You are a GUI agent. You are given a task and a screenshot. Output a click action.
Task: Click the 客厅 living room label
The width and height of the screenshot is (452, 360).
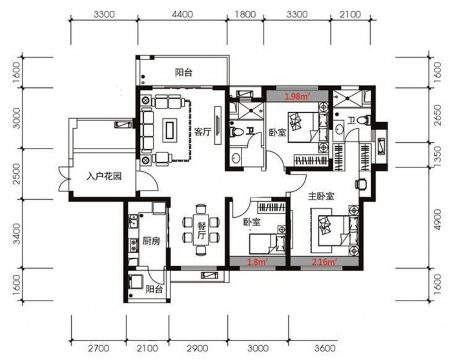point(203,132)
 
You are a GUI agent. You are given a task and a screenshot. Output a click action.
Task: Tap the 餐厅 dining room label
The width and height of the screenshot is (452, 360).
point(201,231)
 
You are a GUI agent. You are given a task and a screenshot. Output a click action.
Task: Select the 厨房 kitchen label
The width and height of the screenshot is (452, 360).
point(152,241)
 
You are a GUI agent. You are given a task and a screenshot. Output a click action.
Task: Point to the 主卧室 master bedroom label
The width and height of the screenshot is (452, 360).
point(321,196)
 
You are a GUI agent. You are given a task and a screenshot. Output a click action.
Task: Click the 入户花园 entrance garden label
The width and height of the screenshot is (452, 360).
point(104,176)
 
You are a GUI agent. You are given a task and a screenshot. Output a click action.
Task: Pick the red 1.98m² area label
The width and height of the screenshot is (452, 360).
point(297,96)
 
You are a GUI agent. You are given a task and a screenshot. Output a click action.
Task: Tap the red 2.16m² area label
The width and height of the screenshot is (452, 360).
point(325,262)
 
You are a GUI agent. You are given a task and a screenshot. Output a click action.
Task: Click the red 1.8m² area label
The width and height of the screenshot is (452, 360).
point(256,262)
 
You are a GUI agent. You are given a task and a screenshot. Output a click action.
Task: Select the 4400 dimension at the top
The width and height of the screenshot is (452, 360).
point(183,14)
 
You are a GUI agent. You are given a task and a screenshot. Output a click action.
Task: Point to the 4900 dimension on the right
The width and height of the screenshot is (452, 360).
point(437,220)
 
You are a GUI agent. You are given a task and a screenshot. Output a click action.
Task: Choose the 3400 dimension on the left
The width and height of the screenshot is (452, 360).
point(17,234)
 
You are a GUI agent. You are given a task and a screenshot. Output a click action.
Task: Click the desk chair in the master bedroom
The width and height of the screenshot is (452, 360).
point(360,184)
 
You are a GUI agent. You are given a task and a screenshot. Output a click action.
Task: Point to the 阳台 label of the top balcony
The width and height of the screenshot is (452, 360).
point(183,72)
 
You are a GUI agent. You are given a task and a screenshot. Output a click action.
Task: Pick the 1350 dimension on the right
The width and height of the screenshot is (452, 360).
point(437,155)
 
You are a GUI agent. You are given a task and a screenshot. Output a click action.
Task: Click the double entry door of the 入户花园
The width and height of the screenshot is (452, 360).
point(65,179)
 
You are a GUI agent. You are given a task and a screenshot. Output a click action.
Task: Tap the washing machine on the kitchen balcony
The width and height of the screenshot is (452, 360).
point(136,281)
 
